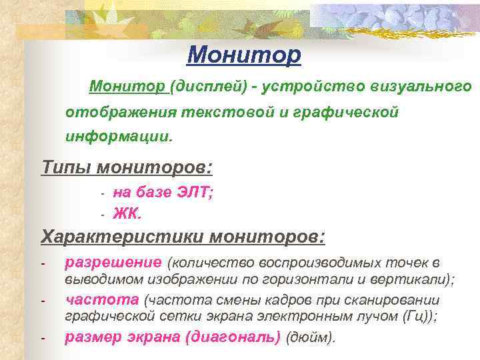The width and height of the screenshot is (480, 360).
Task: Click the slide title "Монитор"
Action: point(244,55)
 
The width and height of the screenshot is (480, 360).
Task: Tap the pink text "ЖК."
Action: point(127,214)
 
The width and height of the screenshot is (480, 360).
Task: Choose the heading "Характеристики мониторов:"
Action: point(183,237)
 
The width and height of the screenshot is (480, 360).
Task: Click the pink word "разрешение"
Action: point(113,263)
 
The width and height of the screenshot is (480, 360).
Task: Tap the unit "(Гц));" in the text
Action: point(421,317)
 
